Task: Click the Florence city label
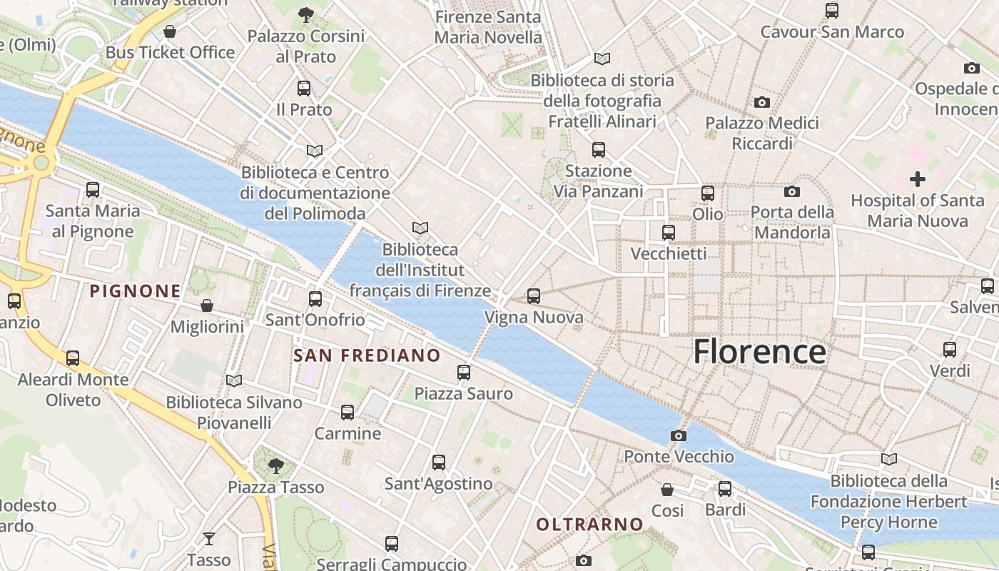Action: click(759, 352)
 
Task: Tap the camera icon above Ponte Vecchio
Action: click(678, 435)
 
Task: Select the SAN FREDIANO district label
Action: click(367, 355)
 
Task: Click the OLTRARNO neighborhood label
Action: click(589, 525)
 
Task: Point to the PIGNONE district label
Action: click(135, 291)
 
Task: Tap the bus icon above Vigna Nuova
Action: click(533, 296)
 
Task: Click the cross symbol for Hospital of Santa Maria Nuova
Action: click(917, 179)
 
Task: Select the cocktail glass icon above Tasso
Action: click(208, 538)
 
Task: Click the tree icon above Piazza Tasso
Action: click(275, 466)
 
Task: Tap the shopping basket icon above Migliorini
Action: click(206, 305)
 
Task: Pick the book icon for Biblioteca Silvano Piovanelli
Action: click(233, 380)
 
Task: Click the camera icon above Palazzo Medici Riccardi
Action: click(761, 102)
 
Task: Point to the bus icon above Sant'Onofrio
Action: click(315, 299)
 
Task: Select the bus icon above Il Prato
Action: click(304, 89)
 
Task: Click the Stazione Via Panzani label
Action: click(598, 181)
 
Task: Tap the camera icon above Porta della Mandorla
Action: click(791, 191)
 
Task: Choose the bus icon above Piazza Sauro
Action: click(463, 372)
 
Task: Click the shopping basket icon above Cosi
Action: click(666, 490)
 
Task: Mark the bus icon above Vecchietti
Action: click(668, 233)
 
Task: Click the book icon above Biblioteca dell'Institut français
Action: click(420, 228)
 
